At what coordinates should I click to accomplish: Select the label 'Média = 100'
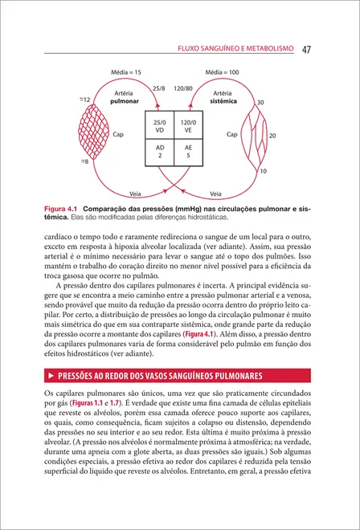click(x=223, y=73)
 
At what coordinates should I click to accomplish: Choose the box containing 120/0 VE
click(x=189, y=127)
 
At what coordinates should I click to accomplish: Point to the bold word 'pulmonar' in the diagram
click(x=124, y=103)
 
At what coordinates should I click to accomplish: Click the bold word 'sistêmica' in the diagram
click(x=223, y=103)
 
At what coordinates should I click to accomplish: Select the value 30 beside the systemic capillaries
click(x=260, y=103)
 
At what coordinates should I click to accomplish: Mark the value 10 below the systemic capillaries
click(x=264, y=172)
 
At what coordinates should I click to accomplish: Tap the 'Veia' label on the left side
click(x=137, y=193)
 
